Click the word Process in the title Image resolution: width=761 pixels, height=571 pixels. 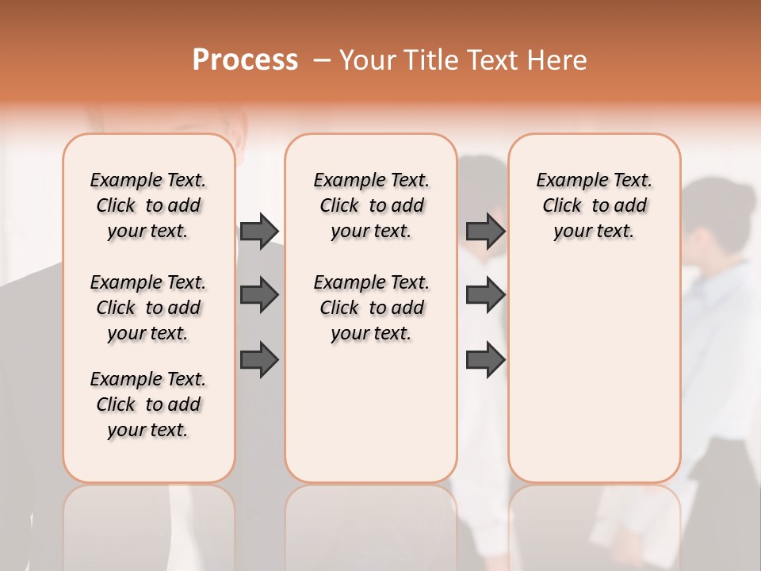click(x=245, y=60)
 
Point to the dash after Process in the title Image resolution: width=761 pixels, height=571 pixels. click(x=321, y=61)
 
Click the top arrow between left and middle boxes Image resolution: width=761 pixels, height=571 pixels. click(x=259, y=231)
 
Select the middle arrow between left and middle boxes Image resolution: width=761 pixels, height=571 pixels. click(x=259, y=295)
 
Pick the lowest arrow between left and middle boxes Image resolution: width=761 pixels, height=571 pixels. click(x=259, y=360)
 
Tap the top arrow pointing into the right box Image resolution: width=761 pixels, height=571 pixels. click(x=485, y=231)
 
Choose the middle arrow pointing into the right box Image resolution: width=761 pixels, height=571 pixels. click(x=485, y=295)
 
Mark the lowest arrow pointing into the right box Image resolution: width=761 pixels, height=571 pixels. click(x=485, y=360)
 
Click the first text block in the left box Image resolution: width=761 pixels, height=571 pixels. click(x=148, y=205)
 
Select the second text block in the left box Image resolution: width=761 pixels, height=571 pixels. click(x=148, y=308)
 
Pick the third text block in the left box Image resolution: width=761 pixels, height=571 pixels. click(x=148, y=404)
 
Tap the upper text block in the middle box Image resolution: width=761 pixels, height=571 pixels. click(x=371, y=205)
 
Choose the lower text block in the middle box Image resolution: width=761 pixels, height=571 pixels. click(x=371, y=308)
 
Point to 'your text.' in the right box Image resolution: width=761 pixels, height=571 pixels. click(x=594, y=232)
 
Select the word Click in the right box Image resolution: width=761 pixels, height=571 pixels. click(x=562, y=206)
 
